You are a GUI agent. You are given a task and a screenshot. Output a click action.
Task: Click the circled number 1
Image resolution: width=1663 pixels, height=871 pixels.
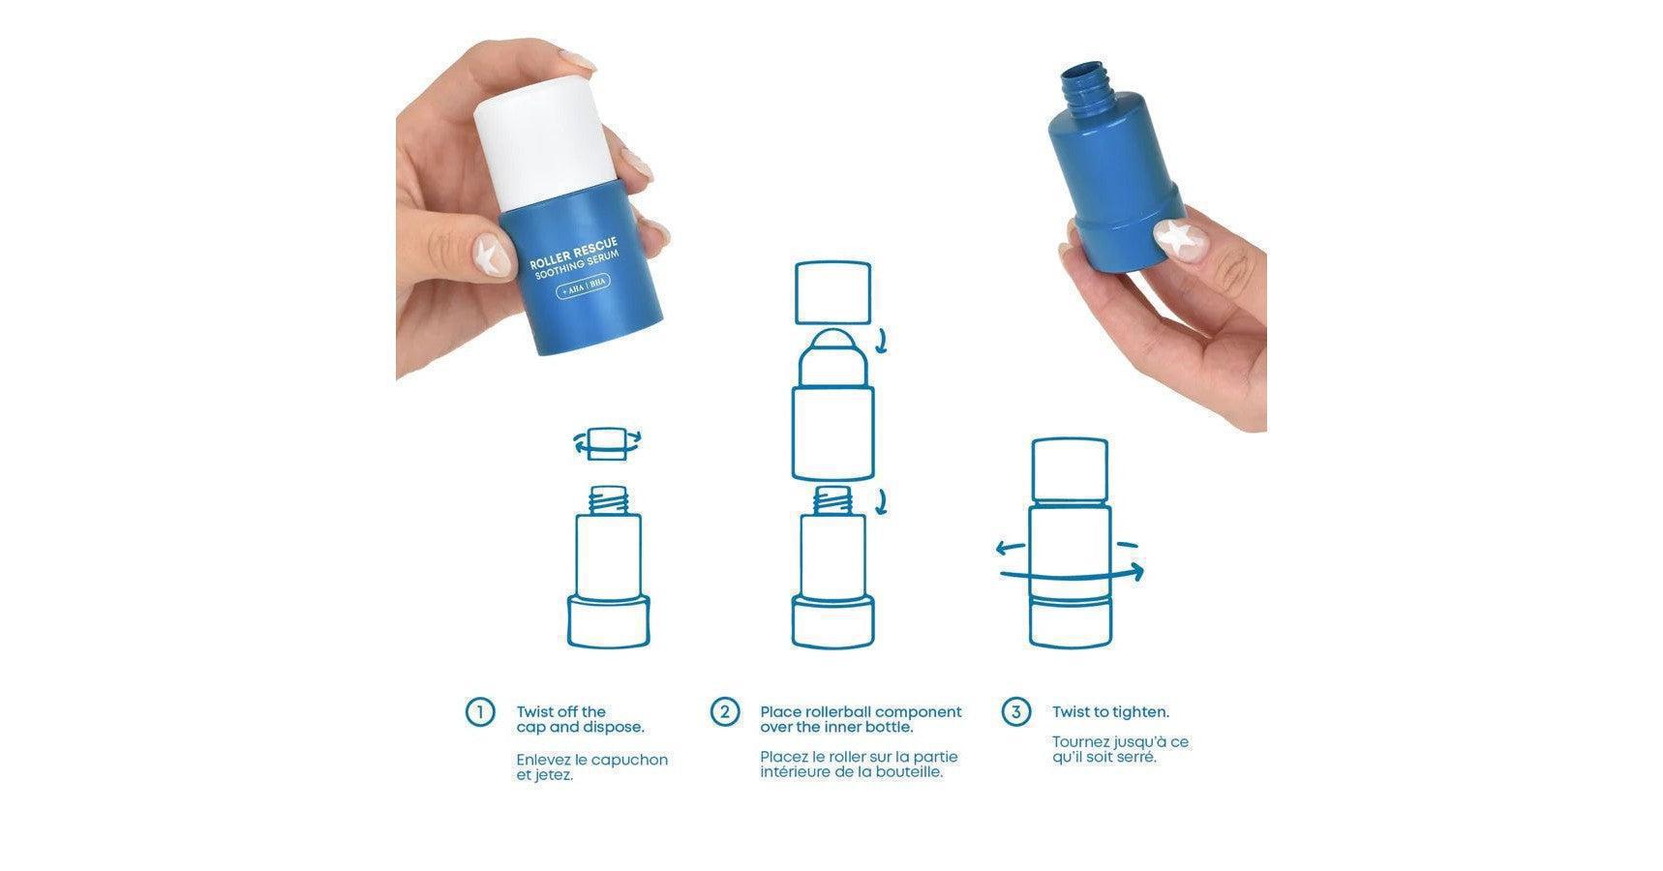coord(480,713)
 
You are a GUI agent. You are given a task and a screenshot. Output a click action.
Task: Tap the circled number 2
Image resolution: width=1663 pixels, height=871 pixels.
coord(725,712)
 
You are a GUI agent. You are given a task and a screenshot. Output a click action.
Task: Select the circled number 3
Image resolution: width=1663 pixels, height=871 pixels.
coord(1015,713)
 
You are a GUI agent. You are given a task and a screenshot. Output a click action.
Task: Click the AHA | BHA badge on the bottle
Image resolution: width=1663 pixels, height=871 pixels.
coord(583,287)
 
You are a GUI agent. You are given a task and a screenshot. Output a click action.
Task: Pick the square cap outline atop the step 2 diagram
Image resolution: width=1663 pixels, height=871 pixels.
coord(832,292)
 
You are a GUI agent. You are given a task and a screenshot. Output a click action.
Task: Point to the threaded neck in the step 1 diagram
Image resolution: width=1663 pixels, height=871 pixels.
coord(608,499)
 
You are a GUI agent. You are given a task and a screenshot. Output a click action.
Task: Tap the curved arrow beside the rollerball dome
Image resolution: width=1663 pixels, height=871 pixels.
coord(881,341)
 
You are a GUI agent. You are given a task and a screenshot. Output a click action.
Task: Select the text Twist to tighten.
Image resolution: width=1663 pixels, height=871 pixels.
coord(1110,712)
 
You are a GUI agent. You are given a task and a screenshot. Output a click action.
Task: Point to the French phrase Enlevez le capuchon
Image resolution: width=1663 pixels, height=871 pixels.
coord(591,760)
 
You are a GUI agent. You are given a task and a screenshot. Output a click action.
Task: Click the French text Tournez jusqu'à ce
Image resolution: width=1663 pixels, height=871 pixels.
coord(1120,742)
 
